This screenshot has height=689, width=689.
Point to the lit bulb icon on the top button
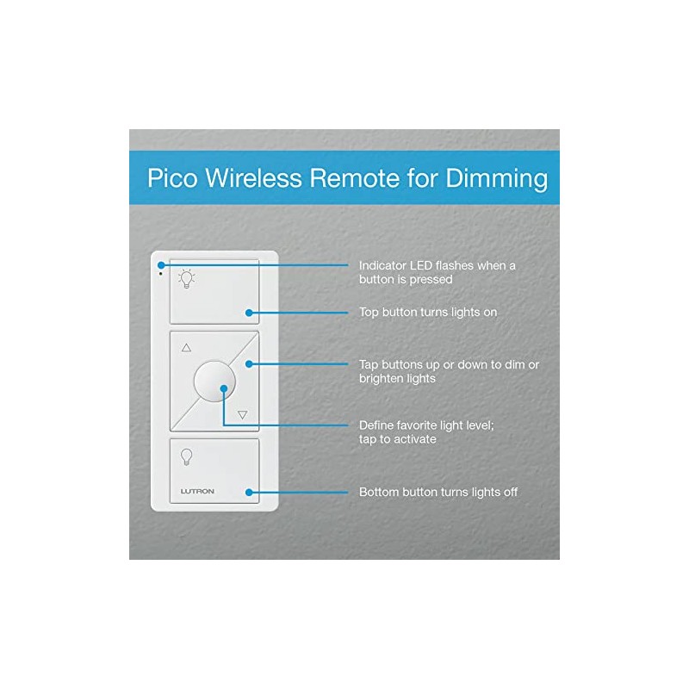coord(186,278)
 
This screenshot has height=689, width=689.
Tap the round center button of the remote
coord(214,381)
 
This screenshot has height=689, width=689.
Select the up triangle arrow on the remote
coord(186,348)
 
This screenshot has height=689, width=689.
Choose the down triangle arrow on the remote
coord(242,414)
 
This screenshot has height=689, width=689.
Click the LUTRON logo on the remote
coord(197,492)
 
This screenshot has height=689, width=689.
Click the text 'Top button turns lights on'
coord(427,312)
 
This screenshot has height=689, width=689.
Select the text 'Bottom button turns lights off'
coord(438,493)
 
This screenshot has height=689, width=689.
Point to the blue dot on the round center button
coord(223,388)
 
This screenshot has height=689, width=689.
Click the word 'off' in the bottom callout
coord(509,493)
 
